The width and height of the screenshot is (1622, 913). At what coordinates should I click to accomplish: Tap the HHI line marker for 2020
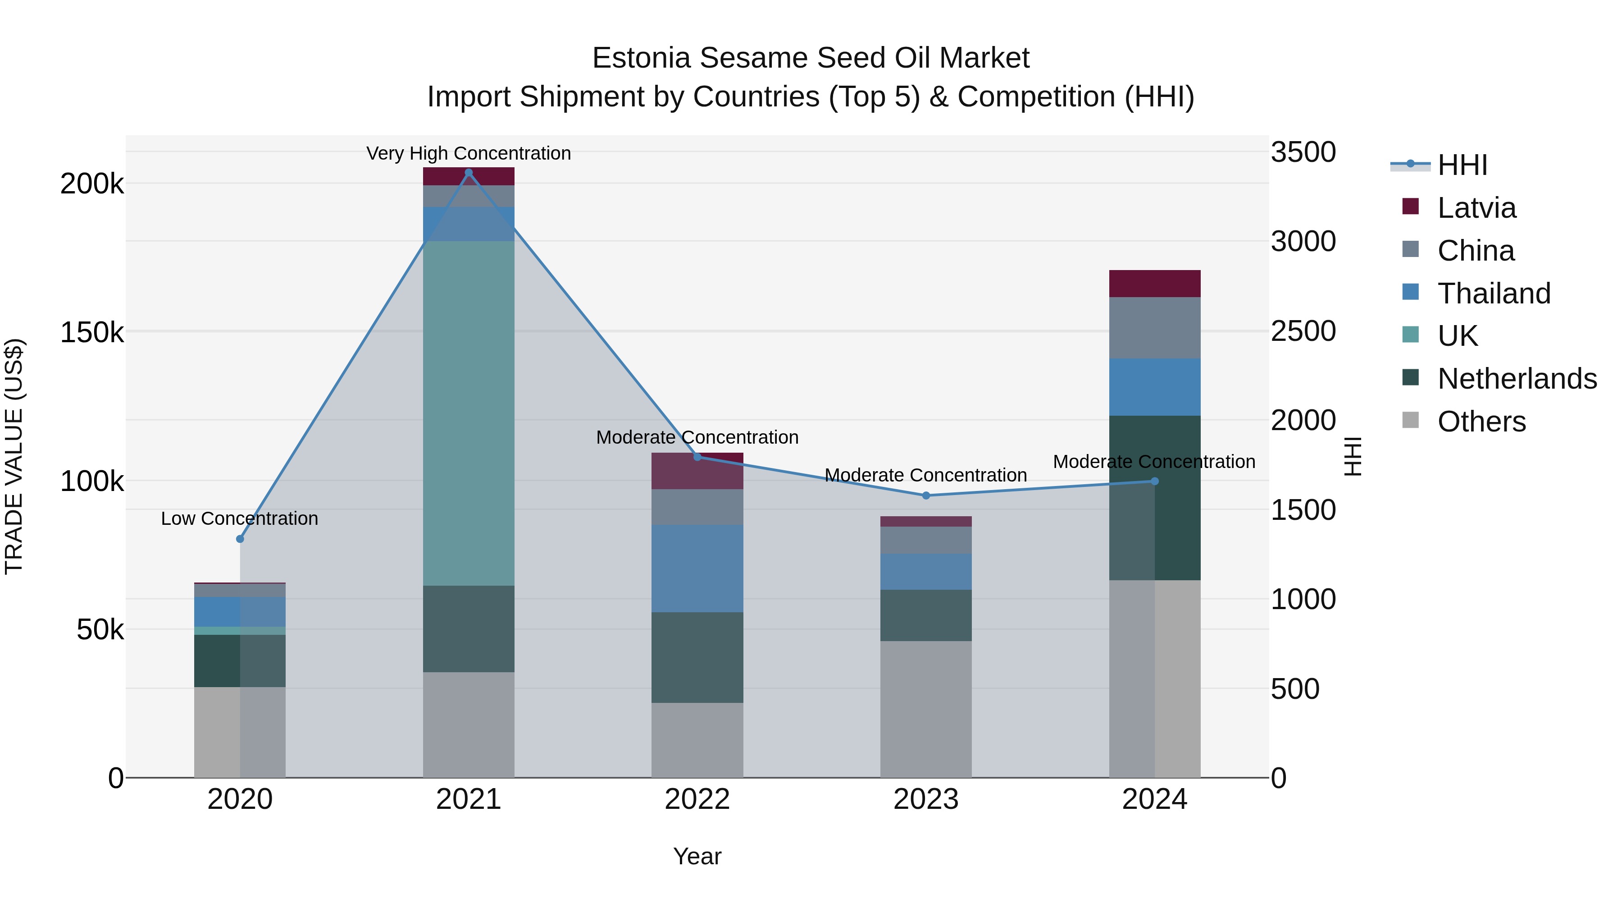click(240, 539)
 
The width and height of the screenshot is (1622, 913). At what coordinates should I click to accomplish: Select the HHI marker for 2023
click(925, 495)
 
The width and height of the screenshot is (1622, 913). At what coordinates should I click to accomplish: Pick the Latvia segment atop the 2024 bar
click(1154, 284)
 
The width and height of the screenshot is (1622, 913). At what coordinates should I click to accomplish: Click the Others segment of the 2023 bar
click(925, 709)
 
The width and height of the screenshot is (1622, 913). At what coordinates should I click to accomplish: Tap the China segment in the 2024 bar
click(1154, 328)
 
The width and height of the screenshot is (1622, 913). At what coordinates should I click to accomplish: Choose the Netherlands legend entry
click(1516, 379)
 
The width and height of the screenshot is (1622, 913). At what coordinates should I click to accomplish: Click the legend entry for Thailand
click(1494, 294)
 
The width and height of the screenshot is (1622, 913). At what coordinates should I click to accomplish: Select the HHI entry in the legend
click(1462, 165)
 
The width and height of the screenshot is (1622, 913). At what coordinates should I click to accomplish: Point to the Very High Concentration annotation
click(469, 153)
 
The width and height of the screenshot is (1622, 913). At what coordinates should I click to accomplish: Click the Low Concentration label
click(239, 518)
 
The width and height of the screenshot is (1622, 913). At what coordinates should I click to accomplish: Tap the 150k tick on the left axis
click(92, 332)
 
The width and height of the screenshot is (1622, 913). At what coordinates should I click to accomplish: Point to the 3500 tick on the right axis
click(1303, 152)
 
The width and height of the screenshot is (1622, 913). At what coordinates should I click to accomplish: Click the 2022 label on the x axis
click(697, 799)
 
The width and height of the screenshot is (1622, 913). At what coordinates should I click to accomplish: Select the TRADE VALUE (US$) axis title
click(14, 456)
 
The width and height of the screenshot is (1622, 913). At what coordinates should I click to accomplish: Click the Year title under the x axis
click(697, 856)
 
